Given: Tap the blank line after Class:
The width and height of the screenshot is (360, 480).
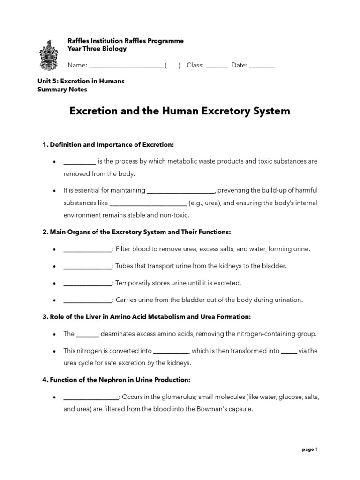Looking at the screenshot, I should click(217, 66).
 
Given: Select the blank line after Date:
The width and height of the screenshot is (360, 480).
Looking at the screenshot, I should click(262, 66).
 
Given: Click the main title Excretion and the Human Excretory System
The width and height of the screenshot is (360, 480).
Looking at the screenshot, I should click(180, 111).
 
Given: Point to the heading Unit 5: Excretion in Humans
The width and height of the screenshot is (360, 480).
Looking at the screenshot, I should click(81, 81).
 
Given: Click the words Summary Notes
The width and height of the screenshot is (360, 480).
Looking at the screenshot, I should click(62, 90).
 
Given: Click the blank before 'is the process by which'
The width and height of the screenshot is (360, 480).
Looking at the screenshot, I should click(80, 162).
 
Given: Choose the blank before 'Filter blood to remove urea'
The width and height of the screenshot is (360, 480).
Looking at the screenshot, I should click(88, 249).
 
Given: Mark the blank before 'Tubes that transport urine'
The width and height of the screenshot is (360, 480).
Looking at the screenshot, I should click(88, 266).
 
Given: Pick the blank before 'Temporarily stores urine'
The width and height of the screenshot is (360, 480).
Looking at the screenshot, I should click(88, 283).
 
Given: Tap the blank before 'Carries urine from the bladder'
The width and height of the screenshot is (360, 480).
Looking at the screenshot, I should click(88, 300).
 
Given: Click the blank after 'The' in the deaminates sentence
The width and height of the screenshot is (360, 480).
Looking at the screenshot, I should click(87, 334).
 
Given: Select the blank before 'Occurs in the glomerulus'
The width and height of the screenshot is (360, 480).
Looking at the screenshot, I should click(91, 397).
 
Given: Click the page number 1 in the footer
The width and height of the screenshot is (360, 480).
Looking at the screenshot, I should click(316, 450).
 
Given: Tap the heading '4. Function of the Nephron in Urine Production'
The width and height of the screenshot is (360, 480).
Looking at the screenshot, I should click(116, 380).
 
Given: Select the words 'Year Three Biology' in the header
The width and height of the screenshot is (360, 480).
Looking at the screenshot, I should click(97, 49).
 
